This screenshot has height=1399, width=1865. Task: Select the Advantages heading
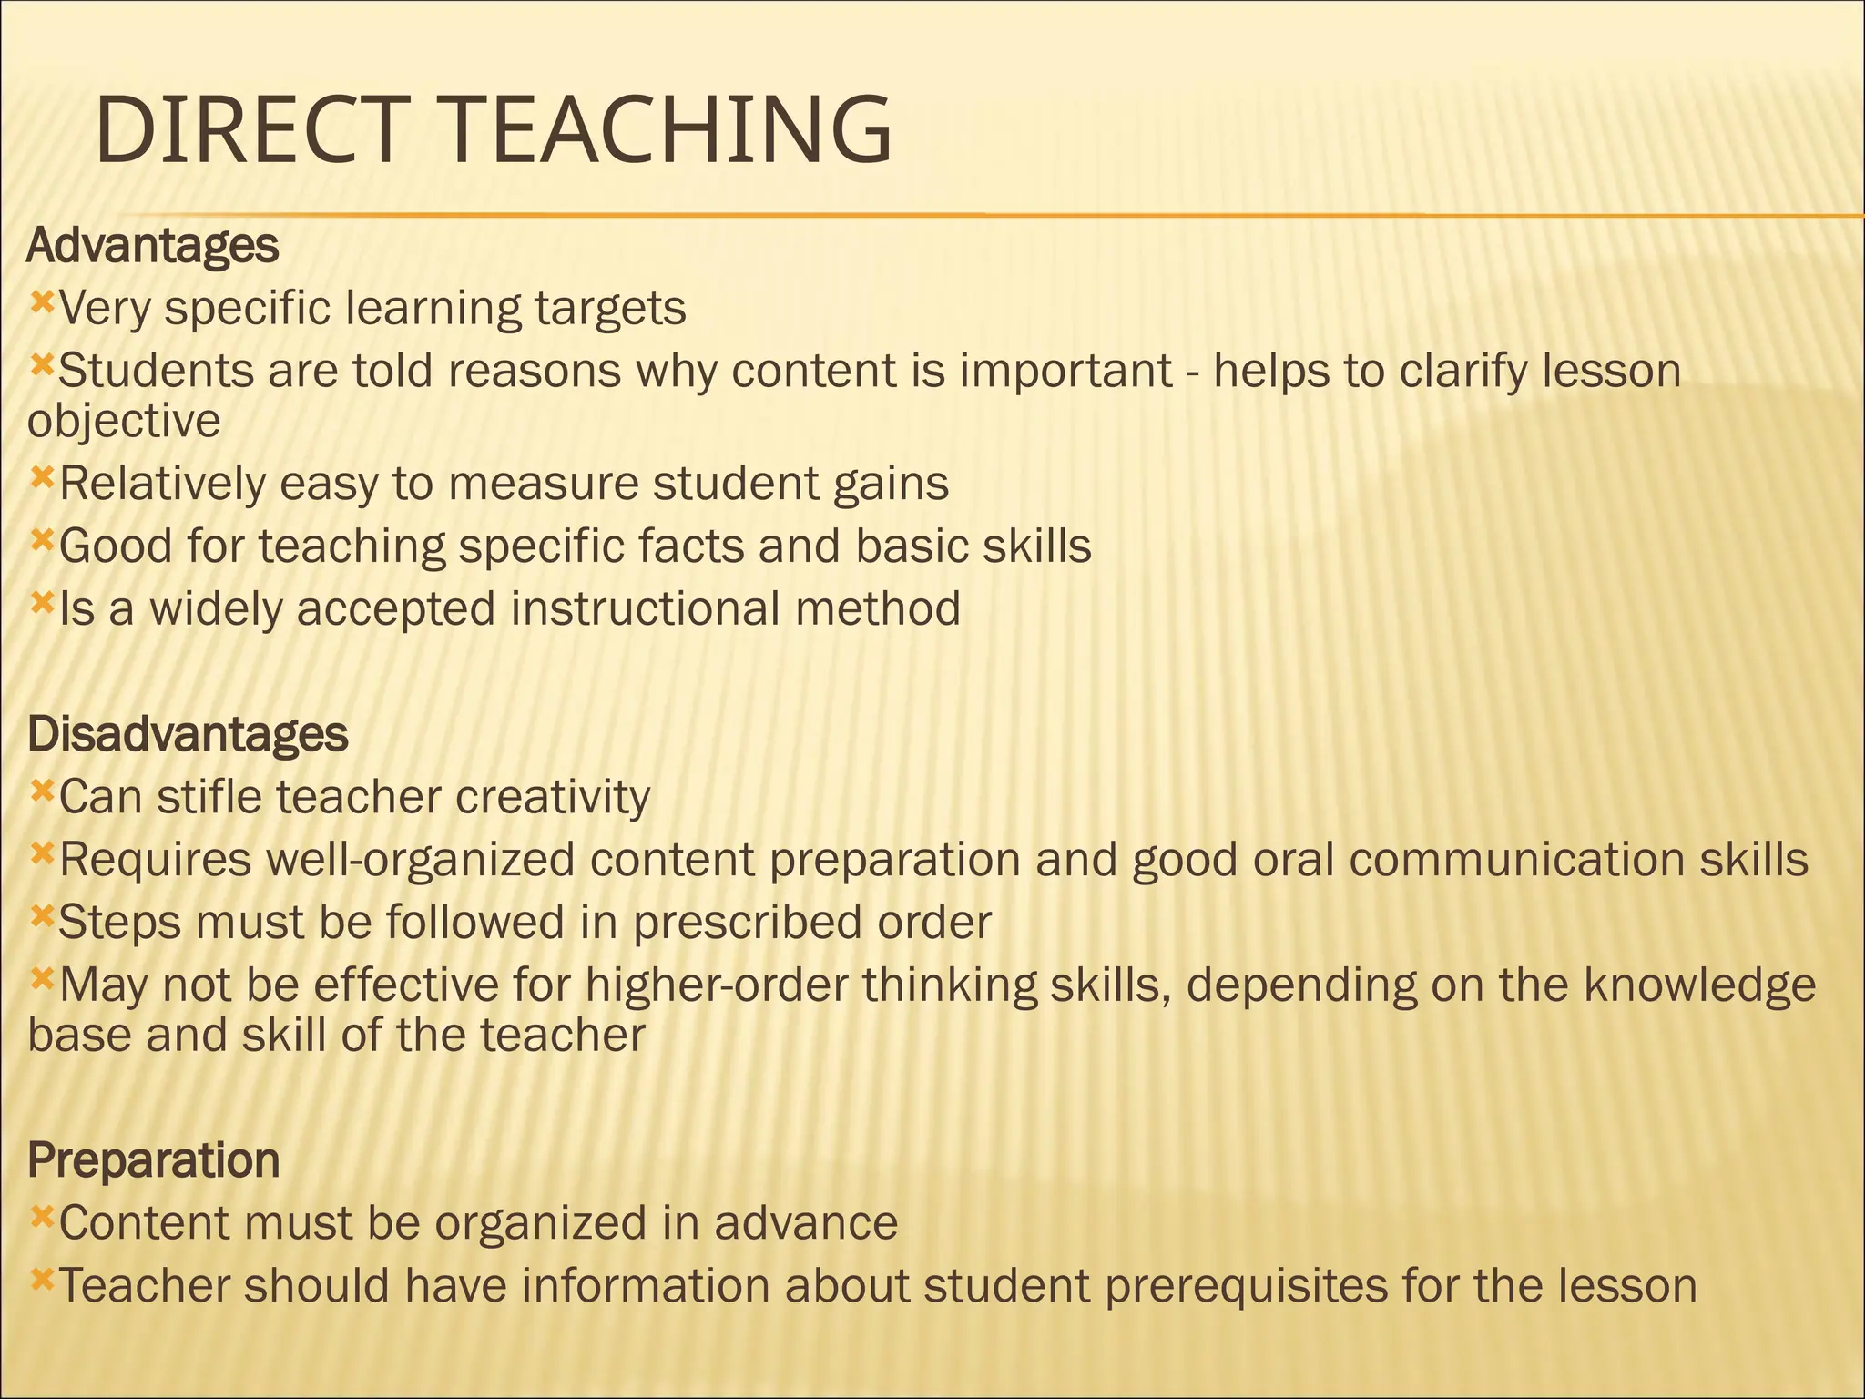point(153,246)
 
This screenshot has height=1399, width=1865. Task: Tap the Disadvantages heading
point(188,734)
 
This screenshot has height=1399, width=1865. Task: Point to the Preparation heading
point(153,1159)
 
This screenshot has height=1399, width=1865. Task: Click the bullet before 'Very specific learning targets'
point(41,300)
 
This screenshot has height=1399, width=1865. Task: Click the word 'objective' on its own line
point(124,422)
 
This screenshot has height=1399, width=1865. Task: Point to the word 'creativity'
point(553,797)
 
